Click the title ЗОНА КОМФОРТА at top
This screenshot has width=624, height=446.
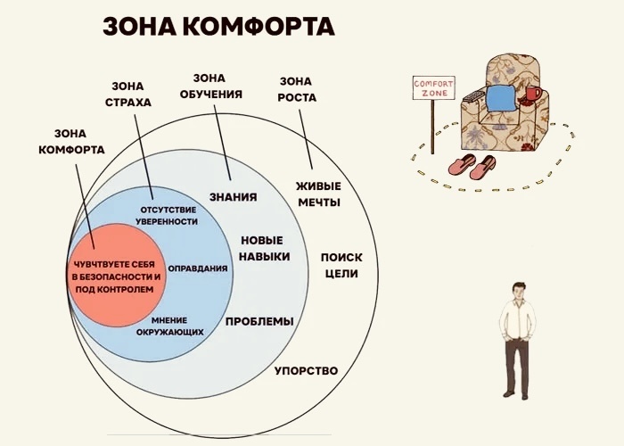218,26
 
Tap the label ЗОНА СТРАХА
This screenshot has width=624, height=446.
131,95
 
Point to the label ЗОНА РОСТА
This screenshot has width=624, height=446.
297,89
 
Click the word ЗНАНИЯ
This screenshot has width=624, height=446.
234,197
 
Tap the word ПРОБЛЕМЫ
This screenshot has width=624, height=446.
259,321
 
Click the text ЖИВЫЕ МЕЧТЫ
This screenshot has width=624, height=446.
318,194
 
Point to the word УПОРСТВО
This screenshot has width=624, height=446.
306,370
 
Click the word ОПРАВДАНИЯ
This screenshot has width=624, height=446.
197,268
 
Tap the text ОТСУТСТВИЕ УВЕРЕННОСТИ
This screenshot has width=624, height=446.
168,215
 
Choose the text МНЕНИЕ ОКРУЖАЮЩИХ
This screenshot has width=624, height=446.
170,326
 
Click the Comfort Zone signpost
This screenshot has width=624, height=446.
431,90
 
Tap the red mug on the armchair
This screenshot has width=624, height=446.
533,94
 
